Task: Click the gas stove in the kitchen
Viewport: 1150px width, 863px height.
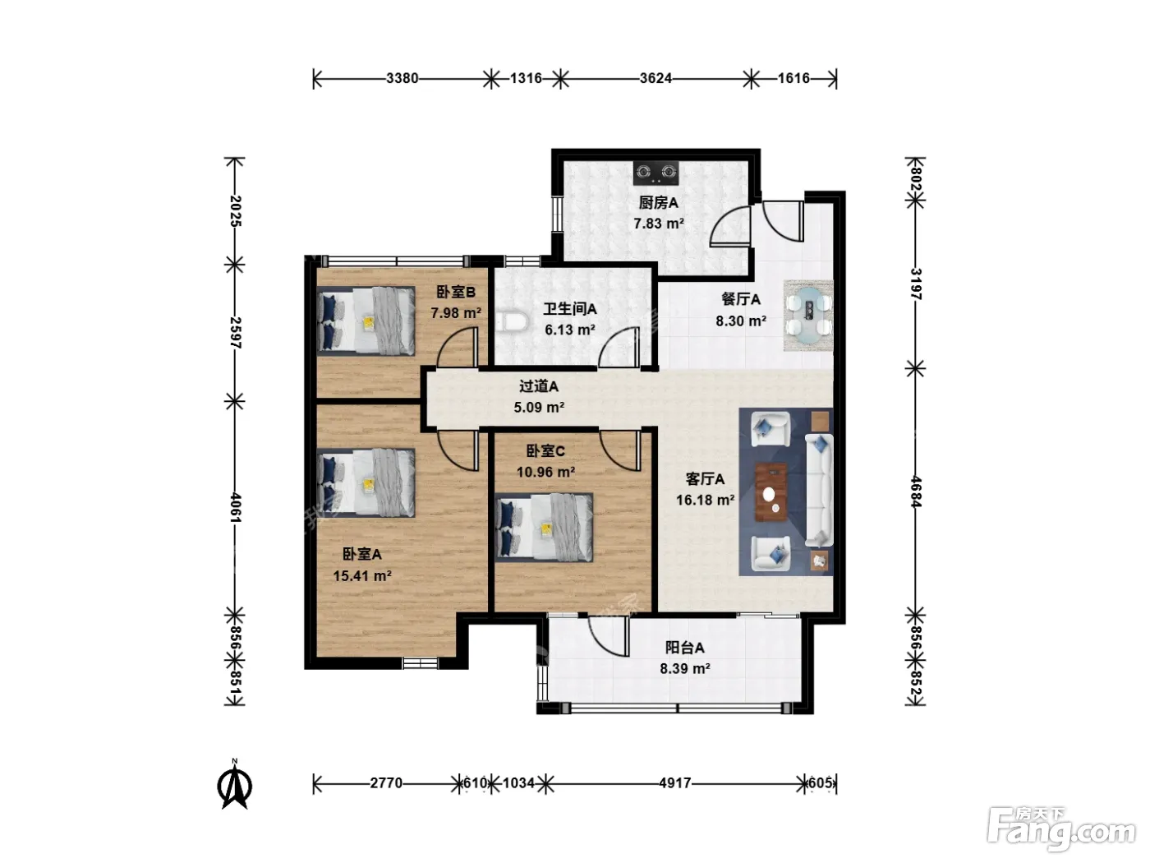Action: (655, 173)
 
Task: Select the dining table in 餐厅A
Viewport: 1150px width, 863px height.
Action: (808, 316)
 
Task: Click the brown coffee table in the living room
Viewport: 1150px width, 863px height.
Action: (770, 491)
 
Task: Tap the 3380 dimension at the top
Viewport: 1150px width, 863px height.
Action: (402, 79)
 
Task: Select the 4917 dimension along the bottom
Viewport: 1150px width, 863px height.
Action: (675, 783)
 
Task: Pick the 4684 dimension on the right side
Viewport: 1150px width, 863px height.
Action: (916, 491)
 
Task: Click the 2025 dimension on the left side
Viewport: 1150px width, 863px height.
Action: (235, 210)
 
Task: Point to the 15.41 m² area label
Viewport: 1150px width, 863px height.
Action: (362, 576)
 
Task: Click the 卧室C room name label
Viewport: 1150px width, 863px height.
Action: (545, 451)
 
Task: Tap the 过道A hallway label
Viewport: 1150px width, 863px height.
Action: (539, 386)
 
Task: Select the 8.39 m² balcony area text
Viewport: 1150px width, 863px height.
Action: (685, 669)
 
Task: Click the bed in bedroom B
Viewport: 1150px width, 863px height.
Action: (366, 321)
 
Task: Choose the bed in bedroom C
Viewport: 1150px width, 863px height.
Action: (545, 528)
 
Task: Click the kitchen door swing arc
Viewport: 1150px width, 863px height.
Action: (721, 223)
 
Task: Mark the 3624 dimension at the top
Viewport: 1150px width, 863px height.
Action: (655, 79)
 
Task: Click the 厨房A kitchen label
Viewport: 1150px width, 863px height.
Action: (658, 203)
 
